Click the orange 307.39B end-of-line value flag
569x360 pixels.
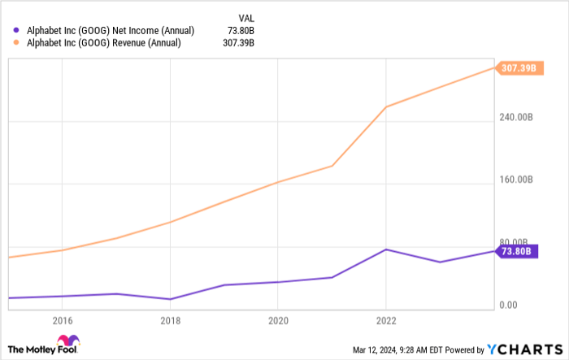pos(519,68)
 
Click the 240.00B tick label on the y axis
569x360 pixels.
pos(516,117)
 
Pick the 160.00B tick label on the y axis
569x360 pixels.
pos(516,180)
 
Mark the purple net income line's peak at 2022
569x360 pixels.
pos(386,249)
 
